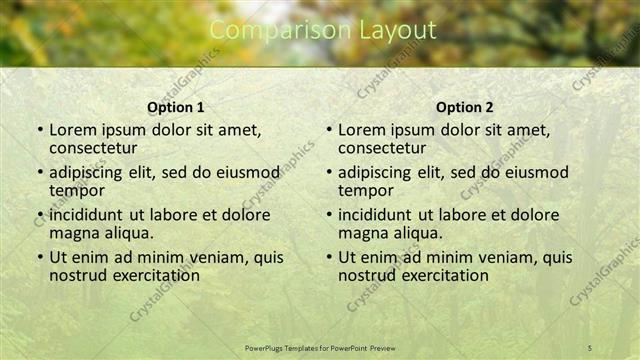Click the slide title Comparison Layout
323,31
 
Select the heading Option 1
176,107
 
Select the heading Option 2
465,107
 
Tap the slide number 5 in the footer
589,347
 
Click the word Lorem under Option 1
74,130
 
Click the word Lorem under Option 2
363,130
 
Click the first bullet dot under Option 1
40,130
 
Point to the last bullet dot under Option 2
329,257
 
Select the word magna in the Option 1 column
74,233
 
